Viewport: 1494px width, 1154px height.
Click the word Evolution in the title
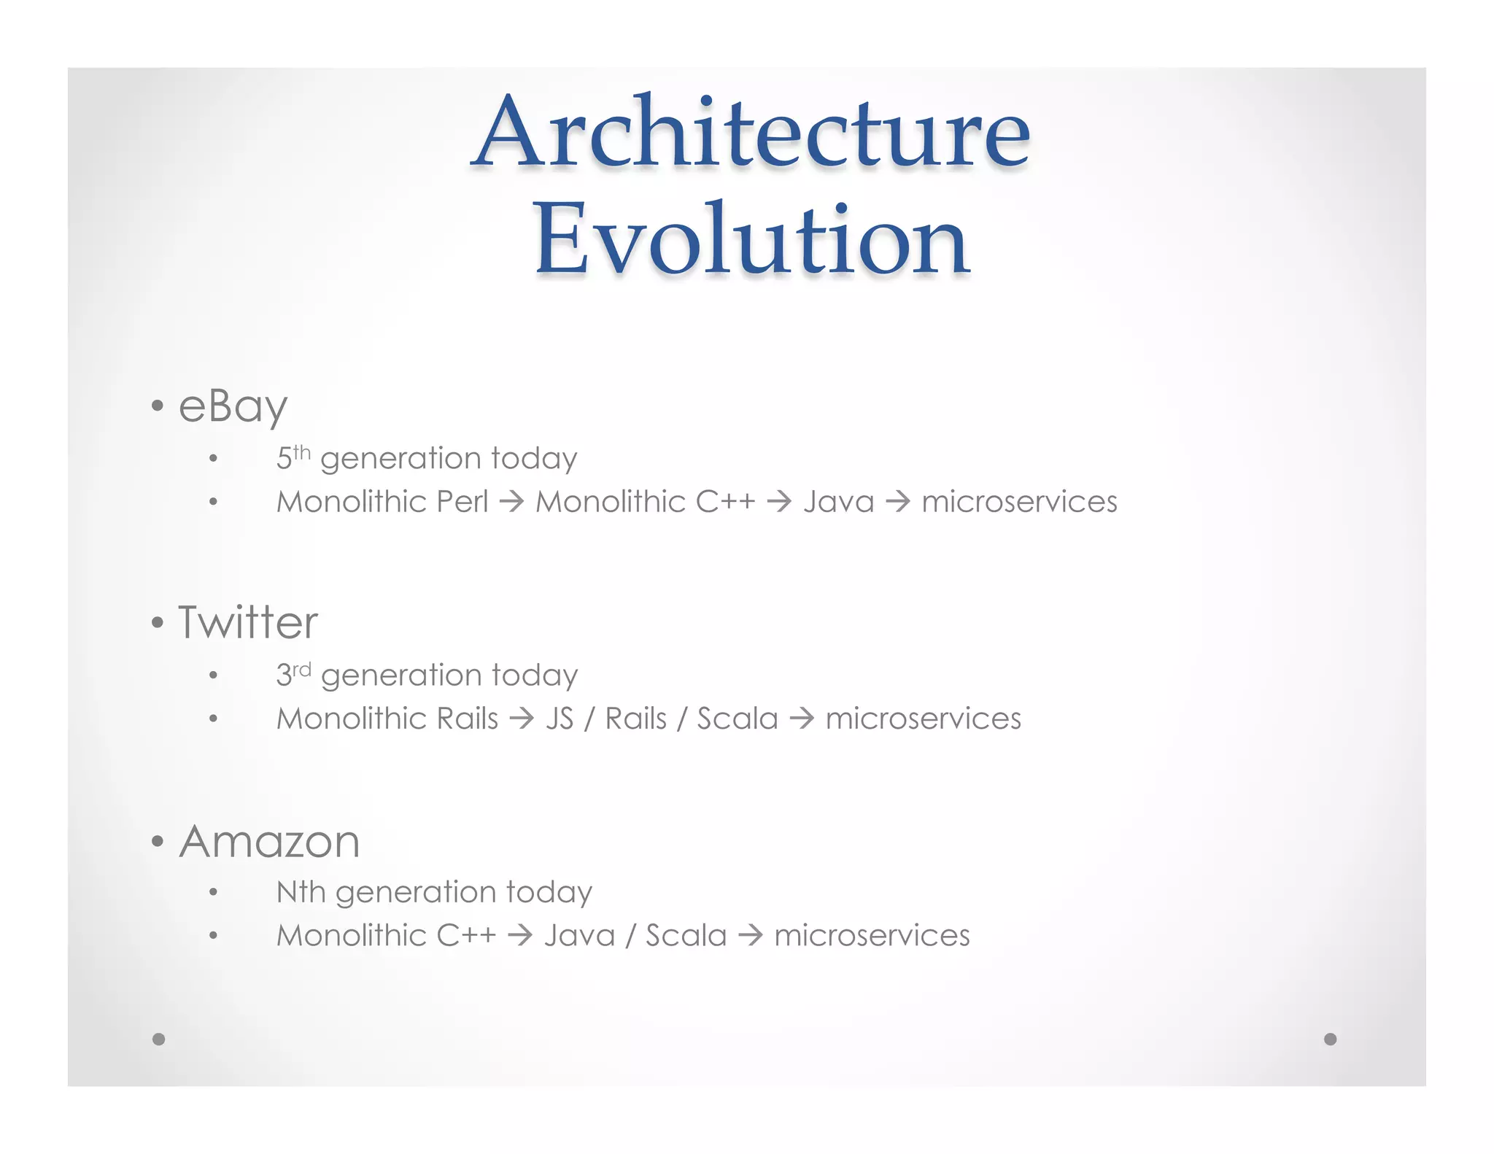[751, 241]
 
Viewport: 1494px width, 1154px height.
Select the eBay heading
[233, 406]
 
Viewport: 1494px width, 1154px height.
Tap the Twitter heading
[248, 623]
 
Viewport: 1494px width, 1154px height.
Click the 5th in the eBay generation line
[293, 457]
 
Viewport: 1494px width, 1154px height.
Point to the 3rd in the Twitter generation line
[293, 674]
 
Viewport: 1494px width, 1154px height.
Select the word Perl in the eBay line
[462, 502]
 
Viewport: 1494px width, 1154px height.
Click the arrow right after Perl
[512, 502]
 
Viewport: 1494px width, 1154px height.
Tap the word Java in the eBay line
[838, 502]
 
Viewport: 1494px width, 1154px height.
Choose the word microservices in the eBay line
[1019, 502]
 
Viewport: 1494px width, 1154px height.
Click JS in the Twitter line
[560, 719]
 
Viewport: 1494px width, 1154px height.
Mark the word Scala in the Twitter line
[738, 719]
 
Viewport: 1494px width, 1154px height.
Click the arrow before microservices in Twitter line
[802, 719]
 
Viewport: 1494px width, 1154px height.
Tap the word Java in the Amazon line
[579, 935]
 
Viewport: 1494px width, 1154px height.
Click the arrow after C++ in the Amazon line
[520, 935]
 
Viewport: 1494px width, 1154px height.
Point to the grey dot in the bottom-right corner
[1330, 1039]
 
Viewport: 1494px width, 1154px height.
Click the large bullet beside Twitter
[158, 623]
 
